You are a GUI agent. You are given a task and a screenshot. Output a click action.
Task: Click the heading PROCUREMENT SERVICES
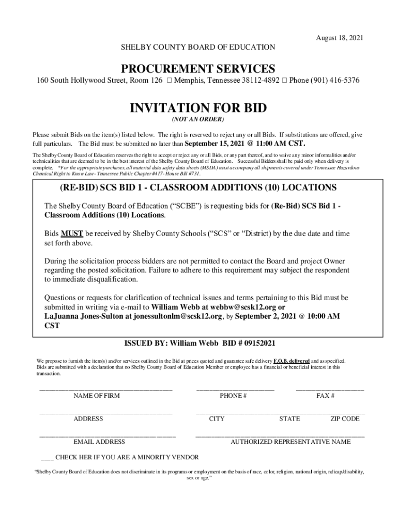point(198,69)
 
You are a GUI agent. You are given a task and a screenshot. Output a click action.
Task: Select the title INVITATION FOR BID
point(198,108)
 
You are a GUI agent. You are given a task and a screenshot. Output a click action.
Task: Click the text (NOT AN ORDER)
point(198,120)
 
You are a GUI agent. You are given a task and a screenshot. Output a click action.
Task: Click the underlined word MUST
point(70,234)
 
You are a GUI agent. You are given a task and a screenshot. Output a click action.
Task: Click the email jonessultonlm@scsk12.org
point(174,316)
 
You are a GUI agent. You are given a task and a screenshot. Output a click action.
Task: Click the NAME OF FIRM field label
point(97,396)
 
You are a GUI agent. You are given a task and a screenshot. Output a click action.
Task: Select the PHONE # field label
point(233,396)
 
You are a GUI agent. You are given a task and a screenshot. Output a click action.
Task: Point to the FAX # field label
point(326,396)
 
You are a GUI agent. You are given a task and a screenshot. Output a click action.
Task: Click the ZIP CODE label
point(345,419)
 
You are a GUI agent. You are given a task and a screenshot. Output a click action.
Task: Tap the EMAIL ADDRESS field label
point(99,442)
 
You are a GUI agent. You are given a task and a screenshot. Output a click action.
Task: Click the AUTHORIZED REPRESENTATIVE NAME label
point(290,442)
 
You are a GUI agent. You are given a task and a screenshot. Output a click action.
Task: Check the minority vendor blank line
point(47,457)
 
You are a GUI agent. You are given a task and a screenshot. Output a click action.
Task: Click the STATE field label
point(289,419)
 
